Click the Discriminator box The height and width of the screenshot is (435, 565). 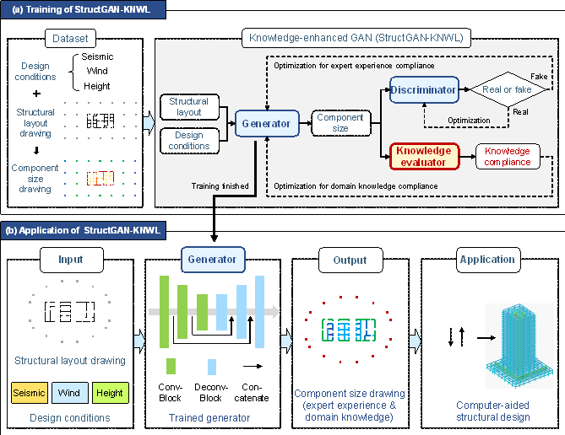[424, 89]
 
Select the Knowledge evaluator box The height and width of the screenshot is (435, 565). [424, 156]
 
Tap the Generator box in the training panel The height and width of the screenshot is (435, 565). [266, 123]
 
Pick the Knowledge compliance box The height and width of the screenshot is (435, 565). [508, 156]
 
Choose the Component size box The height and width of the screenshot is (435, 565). [340, 123]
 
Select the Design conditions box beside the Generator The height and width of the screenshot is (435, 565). [189, 140]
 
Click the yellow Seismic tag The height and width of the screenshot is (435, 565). [29, 393]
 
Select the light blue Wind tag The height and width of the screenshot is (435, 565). [71, 393]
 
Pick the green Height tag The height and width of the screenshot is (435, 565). [110, 393]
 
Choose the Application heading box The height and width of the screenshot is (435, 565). [488, 260]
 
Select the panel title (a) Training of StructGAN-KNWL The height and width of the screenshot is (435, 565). [83, 10]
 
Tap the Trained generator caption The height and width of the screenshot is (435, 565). [209, 417]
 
